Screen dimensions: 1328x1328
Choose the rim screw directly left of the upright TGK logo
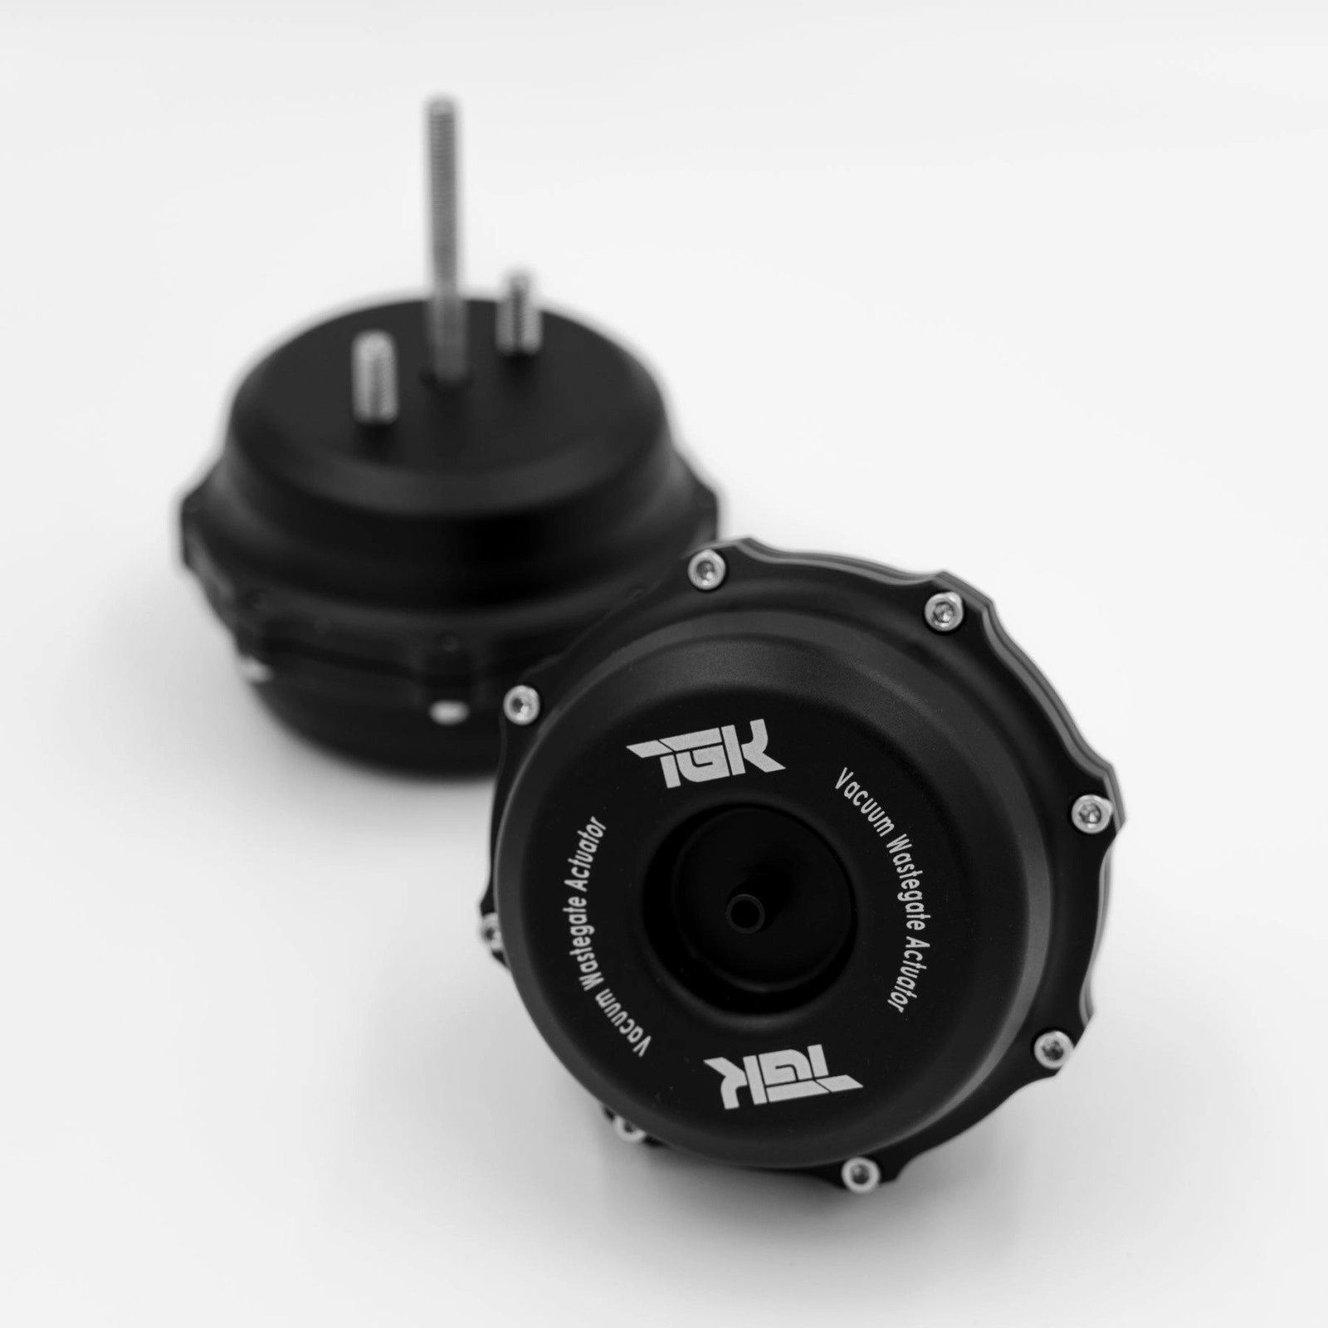pyautogui.click(x=521, y=698)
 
